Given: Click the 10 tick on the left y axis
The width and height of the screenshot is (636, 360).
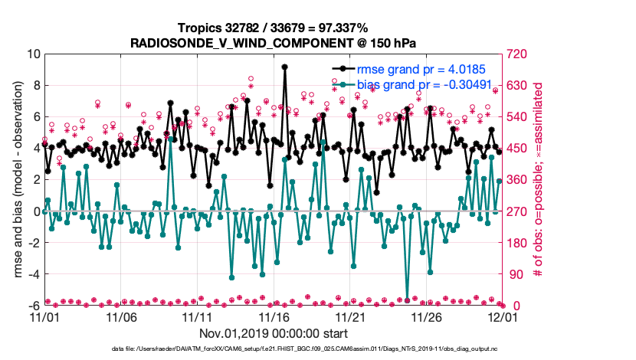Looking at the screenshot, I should tap(33, 54).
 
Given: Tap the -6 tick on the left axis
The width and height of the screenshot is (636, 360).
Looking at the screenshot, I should tap(33, 306).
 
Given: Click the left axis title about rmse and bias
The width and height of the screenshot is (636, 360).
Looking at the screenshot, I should tap(17, 180).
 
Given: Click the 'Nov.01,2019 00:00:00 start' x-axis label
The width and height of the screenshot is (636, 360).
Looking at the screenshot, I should tap(273, 333).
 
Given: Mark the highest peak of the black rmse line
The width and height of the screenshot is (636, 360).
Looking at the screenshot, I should tap(284, 67).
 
